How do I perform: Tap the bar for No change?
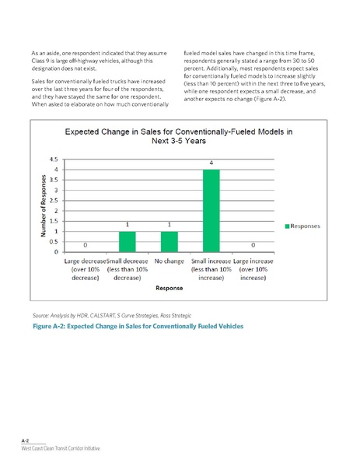pyautogui.click(x=169, y=242)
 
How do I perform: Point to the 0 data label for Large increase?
pyautogui.click(x=252, y=245)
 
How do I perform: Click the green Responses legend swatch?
pyautogui.click(x=287, y=226)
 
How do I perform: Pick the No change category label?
pyautogui.click(x=169, y=261)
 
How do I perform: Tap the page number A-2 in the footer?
pyautogui.click(x=25, y=440)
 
